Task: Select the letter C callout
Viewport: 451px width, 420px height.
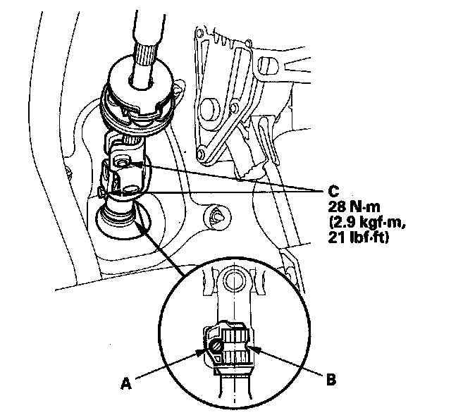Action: click(x=333, y=190)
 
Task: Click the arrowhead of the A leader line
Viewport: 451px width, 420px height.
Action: click(x=206, y=347)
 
